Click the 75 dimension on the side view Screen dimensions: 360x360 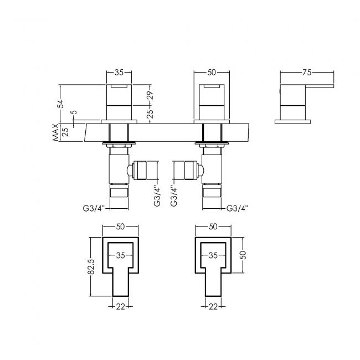(307, 73)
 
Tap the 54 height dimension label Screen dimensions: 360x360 (61, 104)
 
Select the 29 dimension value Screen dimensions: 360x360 (150, 94)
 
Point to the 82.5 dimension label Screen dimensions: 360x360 (91, 266)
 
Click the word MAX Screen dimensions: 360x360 (55, 132)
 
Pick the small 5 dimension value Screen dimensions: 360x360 (74, 112)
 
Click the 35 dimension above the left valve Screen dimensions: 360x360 (119, 73)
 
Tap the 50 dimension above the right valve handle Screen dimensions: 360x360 (212, 73)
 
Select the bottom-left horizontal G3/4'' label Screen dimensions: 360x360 (94, 208)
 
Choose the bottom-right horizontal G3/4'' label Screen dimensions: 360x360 (238, 208)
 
